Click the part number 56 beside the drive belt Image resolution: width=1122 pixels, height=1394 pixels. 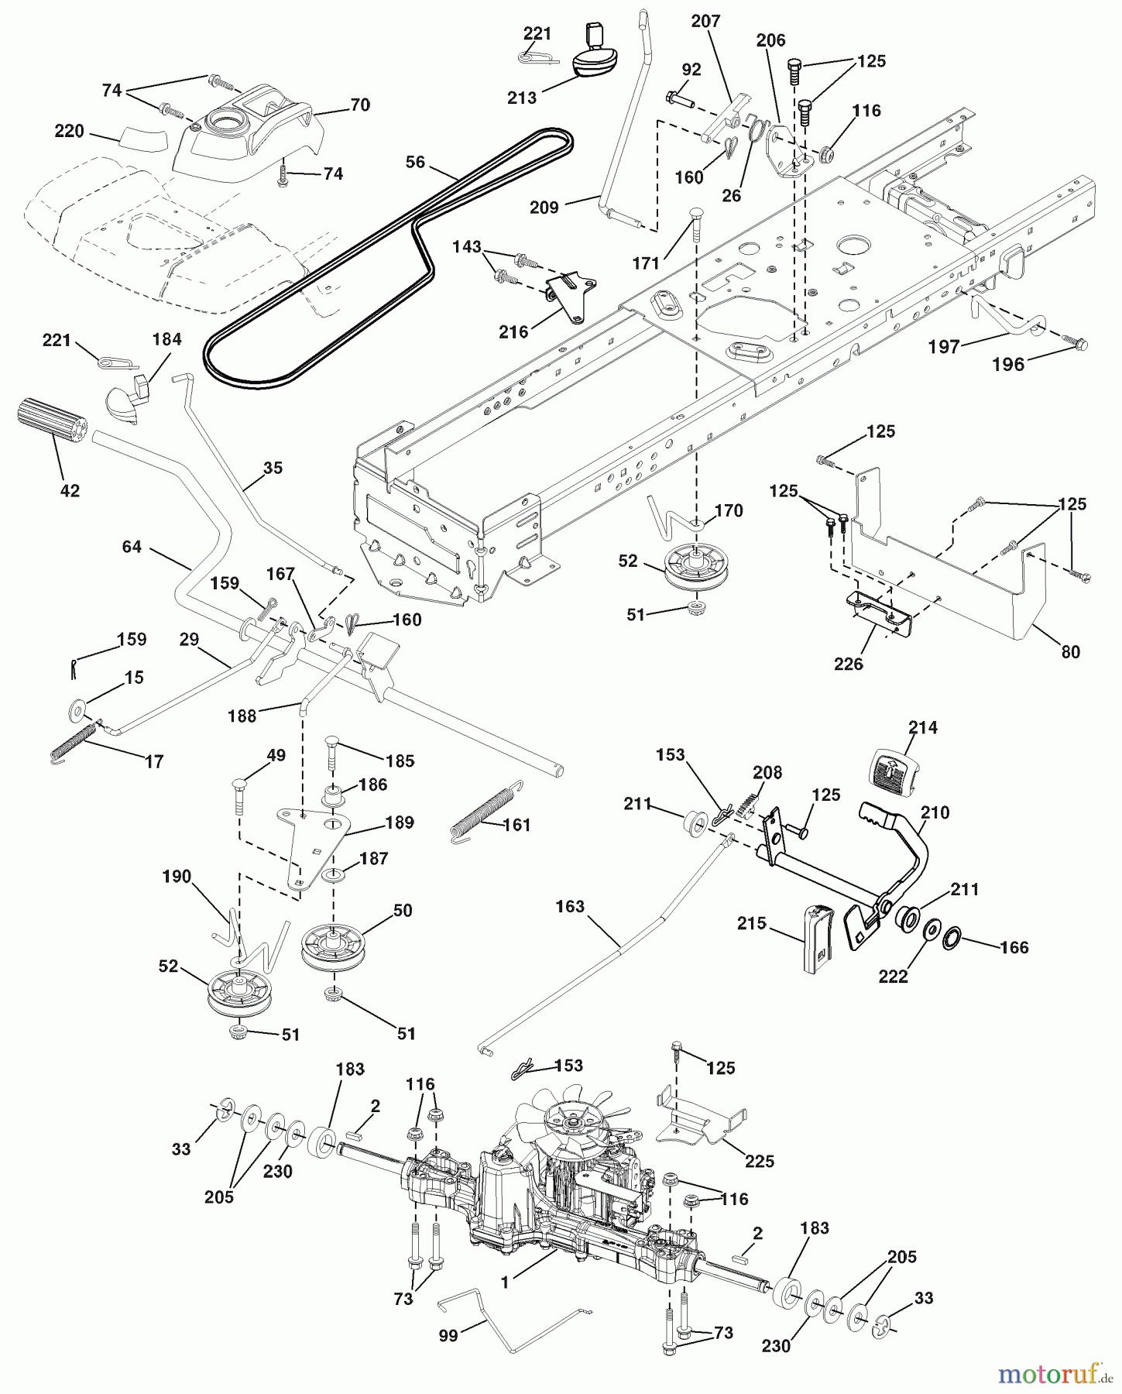[x=415, y=162]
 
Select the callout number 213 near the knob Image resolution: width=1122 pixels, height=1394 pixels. [x=522, y=98]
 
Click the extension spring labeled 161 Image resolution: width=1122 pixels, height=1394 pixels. [x=482, y=813]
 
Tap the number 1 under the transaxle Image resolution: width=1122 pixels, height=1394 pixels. [x=505, y=1282]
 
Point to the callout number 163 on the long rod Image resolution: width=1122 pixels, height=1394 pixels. [x=570, y=906]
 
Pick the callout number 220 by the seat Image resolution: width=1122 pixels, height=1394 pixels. [x=69, y=132]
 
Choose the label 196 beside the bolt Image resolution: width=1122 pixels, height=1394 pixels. [x=1008, y=364]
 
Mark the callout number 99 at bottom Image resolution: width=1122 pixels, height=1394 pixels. [x=448, y=1335]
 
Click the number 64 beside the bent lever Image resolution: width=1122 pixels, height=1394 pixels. [x=132, y=547]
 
